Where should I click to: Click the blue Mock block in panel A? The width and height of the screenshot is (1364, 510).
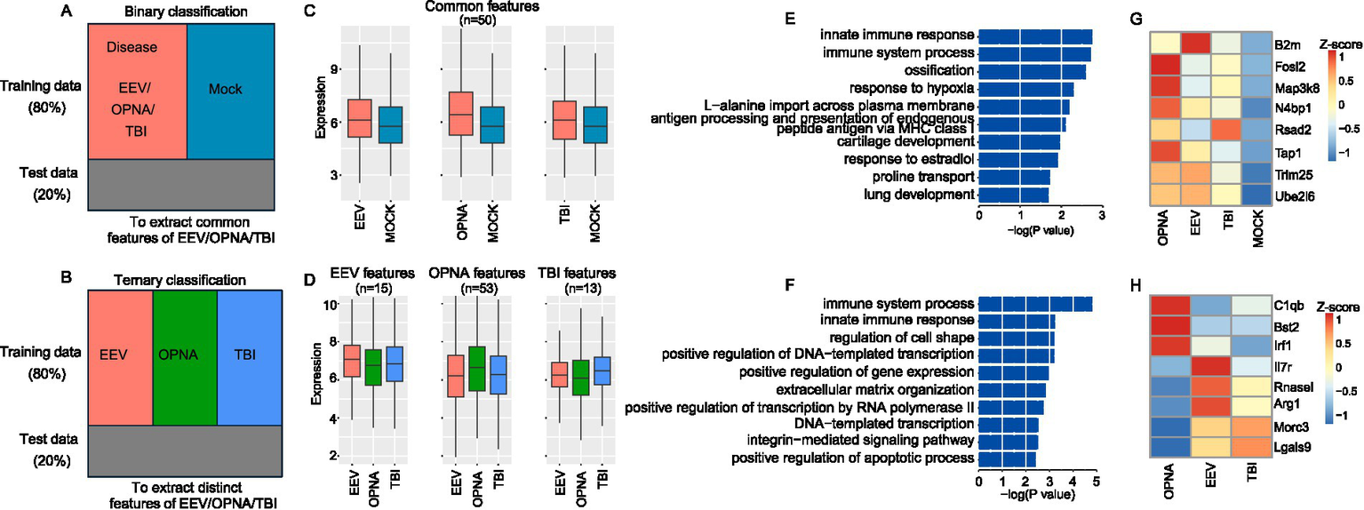(x=235, y=89)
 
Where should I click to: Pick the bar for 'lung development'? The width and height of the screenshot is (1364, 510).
(x=1013, y=194)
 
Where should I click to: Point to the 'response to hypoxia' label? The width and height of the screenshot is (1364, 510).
(x=911, y=88)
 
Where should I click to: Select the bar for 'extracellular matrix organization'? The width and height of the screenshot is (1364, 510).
(x=1012, y=389)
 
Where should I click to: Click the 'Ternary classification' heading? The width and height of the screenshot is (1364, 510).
(x=179, y=280)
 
